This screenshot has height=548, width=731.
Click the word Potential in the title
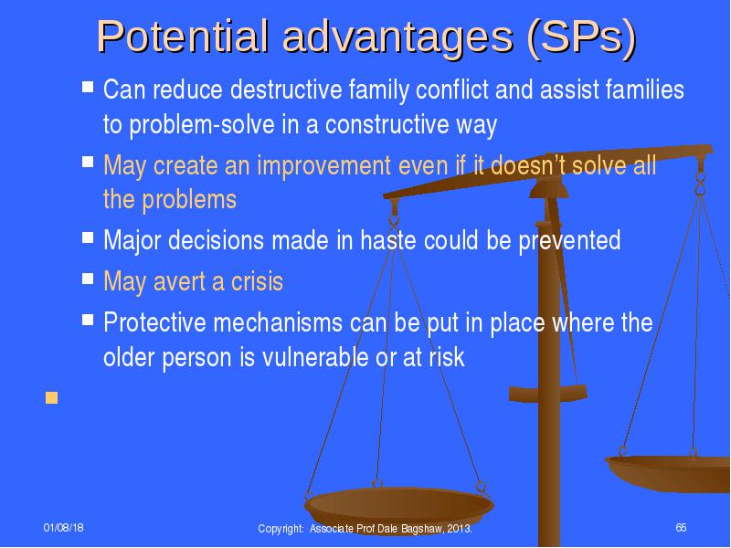click(x=183, y=36)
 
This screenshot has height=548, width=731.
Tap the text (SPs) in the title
click(x=581, y=38)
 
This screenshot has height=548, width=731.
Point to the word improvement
click(x=324, y=165)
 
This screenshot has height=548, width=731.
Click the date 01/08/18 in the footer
click(x=63, y=528)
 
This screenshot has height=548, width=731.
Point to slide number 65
click(x=681, y=528)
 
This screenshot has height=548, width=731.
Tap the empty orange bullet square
click(x=51, y=398)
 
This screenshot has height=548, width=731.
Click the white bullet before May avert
click(x=88, y=279)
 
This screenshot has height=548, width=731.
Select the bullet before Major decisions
click(x=88, y=237)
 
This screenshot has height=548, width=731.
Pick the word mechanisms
click(x=278, y=322)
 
